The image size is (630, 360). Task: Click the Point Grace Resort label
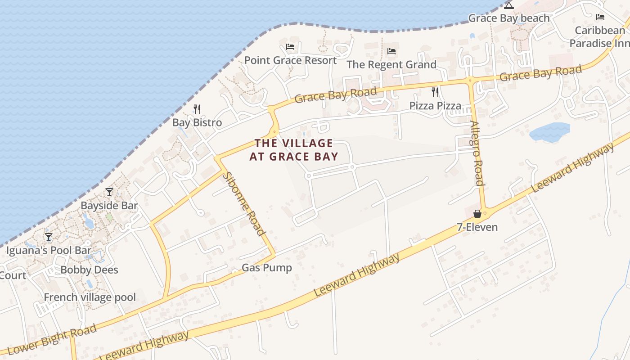290,60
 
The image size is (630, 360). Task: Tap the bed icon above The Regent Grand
391,51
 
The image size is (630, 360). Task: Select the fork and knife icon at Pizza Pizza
435,92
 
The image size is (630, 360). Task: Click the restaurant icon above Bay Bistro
197,109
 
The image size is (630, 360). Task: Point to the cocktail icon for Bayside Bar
109,192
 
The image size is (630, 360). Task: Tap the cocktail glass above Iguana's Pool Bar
49,237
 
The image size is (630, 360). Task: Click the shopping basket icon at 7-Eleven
477,213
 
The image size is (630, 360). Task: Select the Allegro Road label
477,153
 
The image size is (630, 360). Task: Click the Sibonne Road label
243,203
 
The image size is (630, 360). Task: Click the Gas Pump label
267,268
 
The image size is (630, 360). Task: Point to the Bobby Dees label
89,270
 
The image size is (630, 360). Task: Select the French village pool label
90,297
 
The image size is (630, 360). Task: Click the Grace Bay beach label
509,18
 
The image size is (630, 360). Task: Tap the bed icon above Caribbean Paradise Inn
600,17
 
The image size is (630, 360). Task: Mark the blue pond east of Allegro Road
549,132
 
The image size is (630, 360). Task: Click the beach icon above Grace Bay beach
509,5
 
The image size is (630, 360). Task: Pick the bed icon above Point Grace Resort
290,47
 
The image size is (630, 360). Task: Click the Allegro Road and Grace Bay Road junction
470,81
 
